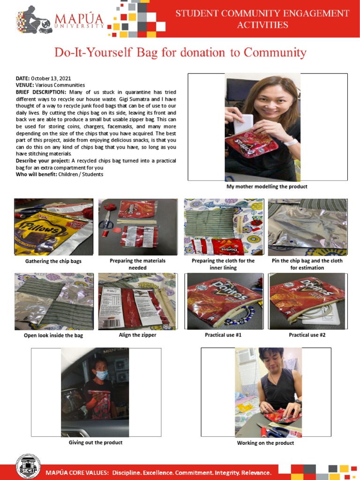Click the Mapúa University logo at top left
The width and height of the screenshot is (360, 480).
[x=61, y=21]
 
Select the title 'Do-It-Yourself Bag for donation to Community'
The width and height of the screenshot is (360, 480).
[x=180, y=52]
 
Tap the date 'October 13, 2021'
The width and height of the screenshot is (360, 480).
[x=51, y=78]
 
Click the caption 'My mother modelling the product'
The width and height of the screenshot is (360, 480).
[x=267, y=187]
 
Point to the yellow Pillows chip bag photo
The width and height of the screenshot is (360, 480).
[x=53, y=227]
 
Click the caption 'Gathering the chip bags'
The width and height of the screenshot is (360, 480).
[x=53, y=261]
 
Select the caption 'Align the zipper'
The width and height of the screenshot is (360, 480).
[x=137, y=335]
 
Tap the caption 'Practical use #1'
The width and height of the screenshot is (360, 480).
[x=223, y=335]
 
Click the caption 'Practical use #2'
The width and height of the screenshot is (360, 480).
[x=307, y=335]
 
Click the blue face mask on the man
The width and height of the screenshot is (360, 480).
[x=101, y=375]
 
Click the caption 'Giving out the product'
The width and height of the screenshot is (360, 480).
[x=96, y=442]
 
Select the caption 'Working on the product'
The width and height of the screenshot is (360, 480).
[x=265, y=443]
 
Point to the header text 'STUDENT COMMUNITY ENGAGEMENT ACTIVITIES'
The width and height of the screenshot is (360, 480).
[x=262, y=19]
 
